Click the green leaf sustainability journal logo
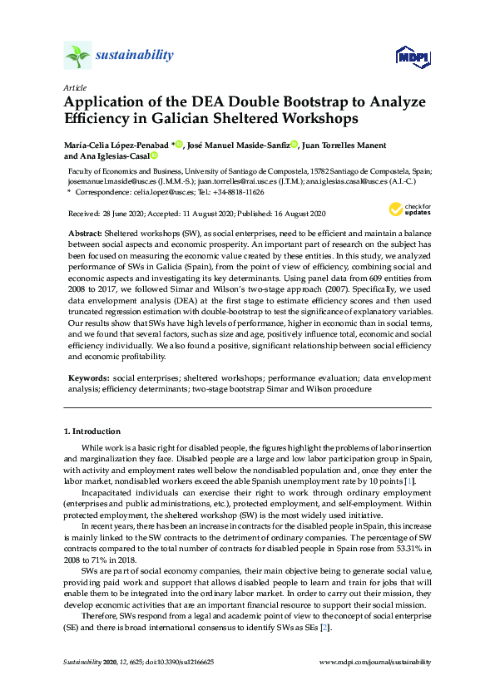tap(77, 56)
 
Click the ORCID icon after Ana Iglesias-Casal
tap(154, 155)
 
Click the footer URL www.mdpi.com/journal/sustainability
tap(375, 663)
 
